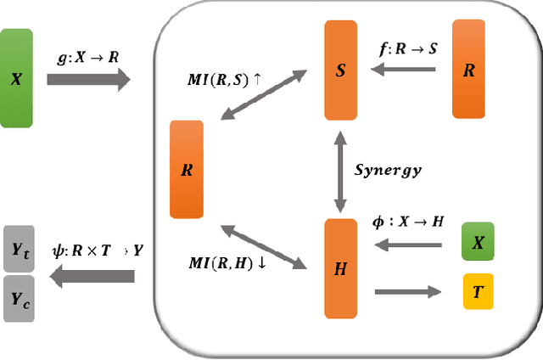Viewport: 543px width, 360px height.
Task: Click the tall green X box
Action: [x=16, y=78]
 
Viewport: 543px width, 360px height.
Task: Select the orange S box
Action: [x=341, y=70]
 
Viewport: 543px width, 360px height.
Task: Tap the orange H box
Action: [x=341, y=269]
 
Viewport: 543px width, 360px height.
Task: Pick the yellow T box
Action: [x=478, y=291]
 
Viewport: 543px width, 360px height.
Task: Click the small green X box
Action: [x=478, y=242]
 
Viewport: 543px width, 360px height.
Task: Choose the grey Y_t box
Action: [x=19, y=249]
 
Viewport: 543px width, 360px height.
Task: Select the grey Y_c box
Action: [x=19, y=297]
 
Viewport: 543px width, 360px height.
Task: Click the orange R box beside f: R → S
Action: [x=468, y=69]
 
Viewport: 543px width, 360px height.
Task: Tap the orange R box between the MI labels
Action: [x=187, y=169]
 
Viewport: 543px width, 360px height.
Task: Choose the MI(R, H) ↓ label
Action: [x=227, y=262]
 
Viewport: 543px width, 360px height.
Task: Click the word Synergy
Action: [x=388, y=170]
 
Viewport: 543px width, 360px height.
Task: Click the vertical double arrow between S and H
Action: [x=341, y=170]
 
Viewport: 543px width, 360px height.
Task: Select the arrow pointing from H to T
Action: [x=407, y=292]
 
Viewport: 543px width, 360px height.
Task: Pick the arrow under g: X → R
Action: [x=88, y=80]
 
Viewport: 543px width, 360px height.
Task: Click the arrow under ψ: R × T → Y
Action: [x=92, y=276]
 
